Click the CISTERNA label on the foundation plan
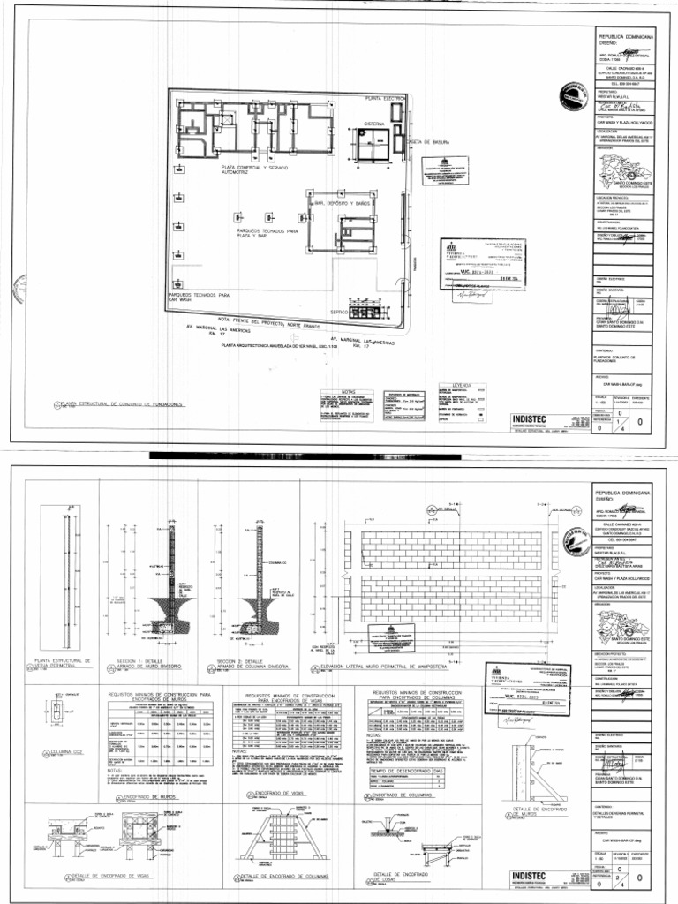tap(373, 124)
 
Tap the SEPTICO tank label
tap(339, 313)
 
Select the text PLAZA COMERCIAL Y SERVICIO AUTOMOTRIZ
tap(254, 170)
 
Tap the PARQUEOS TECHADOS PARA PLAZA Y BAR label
tap(255, 234)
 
